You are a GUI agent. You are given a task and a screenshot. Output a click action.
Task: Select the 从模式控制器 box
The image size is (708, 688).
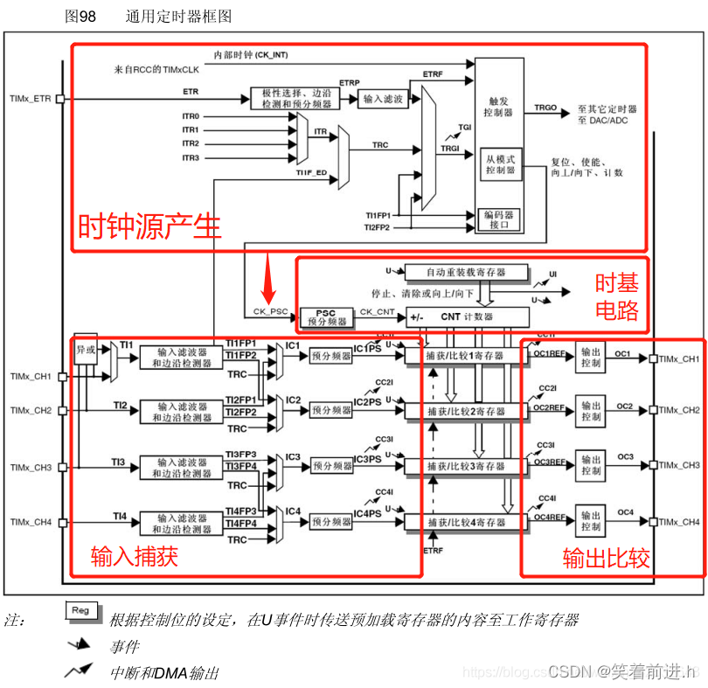pyautogui.click(x=501, y=165)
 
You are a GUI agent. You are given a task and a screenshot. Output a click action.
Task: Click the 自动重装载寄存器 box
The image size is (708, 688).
pyautogui.click(x=466, y=272)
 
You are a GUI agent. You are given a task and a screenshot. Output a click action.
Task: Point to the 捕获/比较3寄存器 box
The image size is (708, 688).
pyautogui.click(x=466, y=467)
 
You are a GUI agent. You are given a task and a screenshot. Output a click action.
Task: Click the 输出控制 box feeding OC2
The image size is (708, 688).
pyautogui.click(x=591, y=411)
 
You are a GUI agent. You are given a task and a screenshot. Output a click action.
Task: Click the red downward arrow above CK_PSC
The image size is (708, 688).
pyautogui.click(x=270, y=285)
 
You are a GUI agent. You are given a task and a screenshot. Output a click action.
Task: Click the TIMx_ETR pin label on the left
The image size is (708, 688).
pyautogui.click(x=31, y=99)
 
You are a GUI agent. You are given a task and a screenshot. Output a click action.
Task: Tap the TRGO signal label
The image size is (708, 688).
pyautogui.click(x=545, y=107)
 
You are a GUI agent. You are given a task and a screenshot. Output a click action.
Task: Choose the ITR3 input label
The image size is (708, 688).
pyautogui.click(x=191, y=157)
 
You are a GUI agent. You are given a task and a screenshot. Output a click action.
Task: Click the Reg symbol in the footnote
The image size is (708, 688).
pyautogui.click(x=80, y=610)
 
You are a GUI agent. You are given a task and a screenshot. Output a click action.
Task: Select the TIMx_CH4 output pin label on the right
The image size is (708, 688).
pyautogui.click(x=679, y=522)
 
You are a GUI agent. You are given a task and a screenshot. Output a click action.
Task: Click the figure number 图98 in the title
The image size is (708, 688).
pyautogui.click(x=80, y=17)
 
